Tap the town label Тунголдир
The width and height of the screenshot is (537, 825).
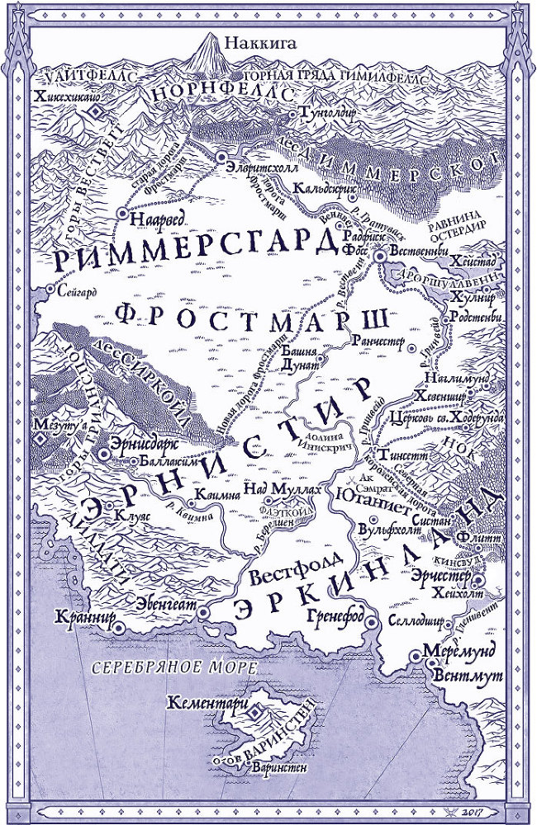(331, 111)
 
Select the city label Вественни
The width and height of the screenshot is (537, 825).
(418, 251)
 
